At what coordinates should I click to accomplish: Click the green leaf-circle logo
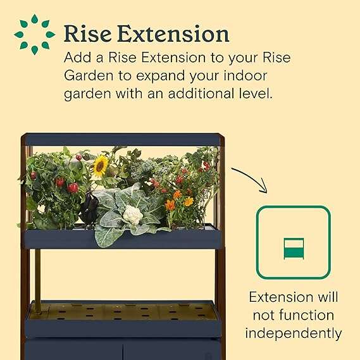pos(34,34)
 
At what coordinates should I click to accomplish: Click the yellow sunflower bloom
pos(101,166)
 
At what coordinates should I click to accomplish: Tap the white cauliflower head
pos(132,216)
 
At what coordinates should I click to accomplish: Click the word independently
pos(293,333)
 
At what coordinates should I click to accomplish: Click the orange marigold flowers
pos(178,200)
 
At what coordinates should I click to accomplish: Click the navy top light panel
pos(120,140)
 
